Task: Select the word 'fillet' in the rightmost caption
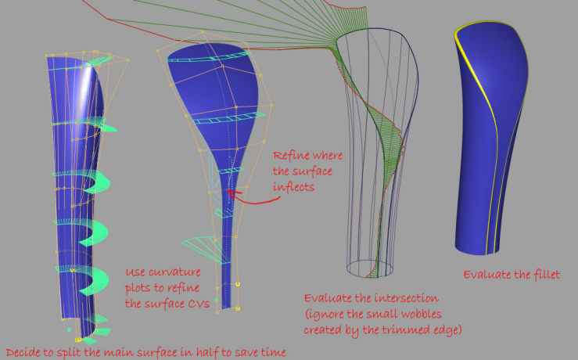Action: pyautogui.click(x=544, y=275)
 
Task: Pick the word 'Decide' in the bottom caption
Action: pyautogui.click(x=23, y=351)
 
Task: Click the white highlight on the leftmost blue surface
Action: pyautogui.click(x=86, y=82)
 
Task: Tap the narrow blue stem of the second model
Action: pyautogui.click(x=227, y=250)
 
